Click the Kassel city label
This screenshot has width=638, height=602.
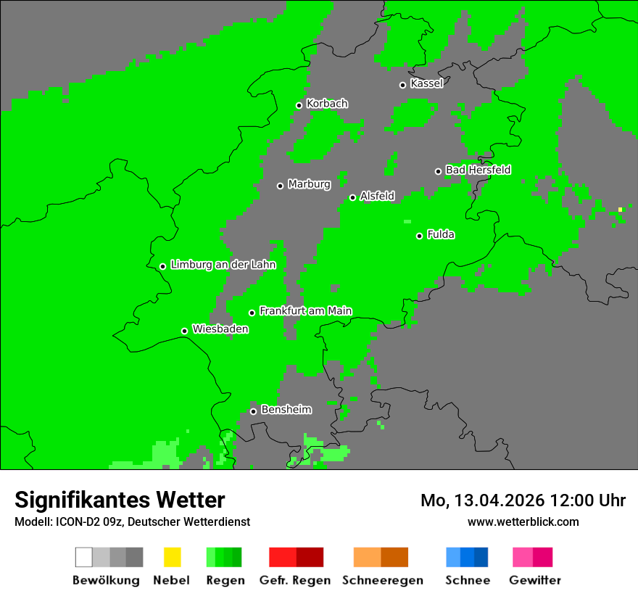(426, 83)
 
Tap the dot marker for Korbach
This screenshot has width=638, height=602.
(299, 105)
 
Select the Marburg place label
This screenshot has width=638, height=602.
(309, 184)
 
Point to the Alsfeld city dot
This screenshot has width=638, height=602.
(352, 197)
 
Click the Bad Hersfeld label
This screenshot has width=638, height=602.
(478, 170)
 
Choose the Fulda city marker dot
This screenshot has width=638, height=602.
(419, 236)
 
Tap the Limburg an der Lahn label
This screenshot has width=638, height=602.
(223, 265)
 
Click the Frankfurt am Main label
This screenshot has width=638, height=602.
(305, 310)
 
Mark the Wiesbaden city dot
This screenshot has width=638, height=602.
(184, 331)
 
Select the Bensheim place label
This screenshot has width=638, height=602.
(286, 410)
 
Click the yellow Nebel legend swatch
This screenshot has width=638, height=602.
(172, 557)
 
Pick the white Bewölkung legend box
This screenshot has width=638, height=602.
(83, 557)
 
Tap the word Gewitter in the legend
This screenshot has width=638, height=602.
(534, 580)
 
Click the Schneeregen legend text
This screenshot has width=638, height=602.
(383, 580)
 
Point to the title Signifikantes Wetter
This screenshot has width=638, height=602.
(120, 500)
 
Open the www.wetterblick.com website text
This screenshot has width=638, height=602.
(523, 521)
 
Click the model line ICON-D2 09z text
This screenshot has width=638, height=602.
(94, 521)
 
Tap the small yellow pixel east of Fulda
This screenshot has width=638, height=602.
(620, 210)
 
